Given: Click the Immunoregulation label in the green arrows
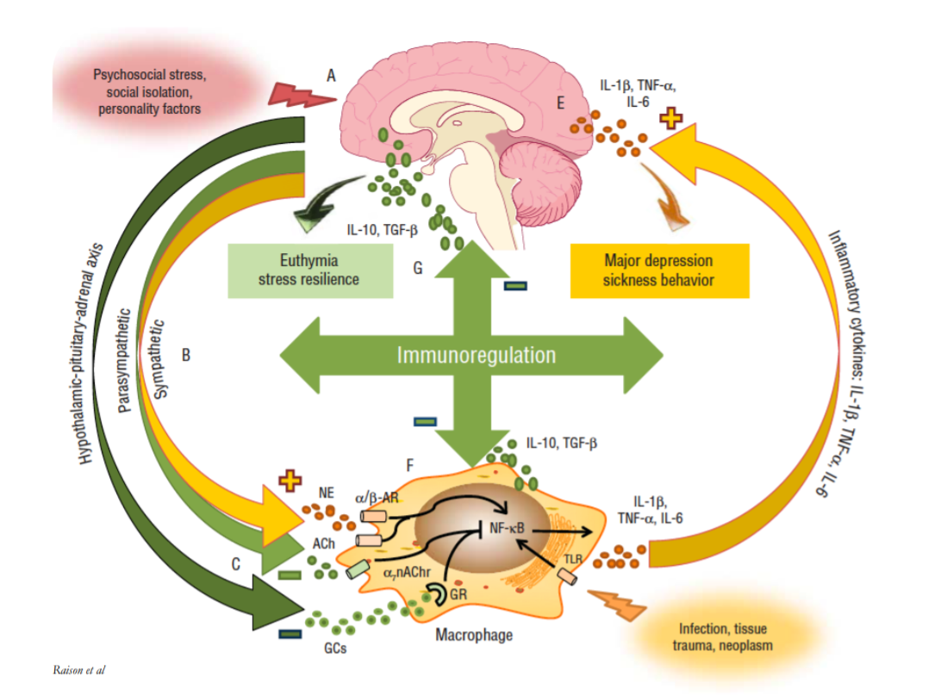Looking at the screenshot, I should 476,355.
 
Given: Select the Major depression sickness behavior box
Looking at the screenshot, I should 659,270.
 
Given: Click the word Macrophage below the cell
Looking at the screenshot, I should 474,635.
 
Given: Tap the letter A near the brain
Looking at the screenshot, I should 332,76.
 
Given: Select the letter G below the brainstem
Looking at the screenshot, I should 417,268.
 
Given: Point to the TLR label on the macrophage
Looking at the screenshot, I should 573,560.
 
